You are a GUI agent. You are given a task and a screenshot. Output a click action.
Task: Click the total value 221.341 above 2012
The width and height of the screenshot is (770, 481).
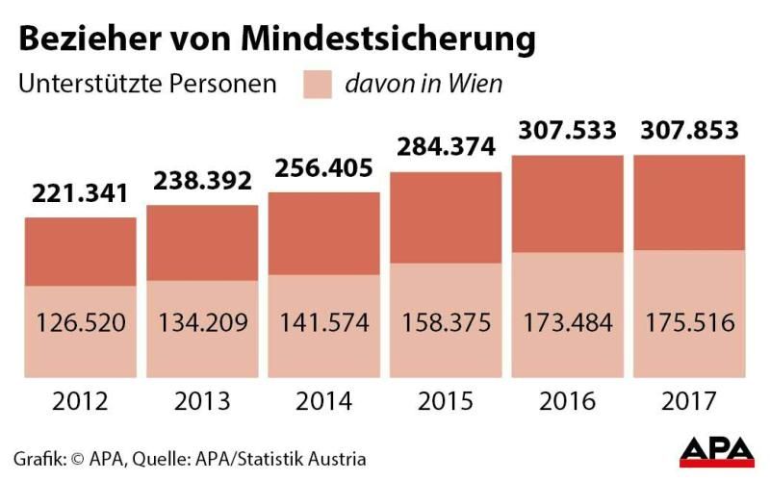pyautogui.click(x=80, y=193)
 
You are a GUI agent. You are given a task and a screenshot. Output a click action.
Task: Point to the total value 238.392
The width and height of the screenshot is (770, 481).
pyautogui.click(x=202, y=180)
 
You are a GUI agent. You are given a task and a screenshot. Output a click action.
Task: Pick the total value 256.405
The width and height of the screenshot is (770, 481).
pyautogui.click(x=323, y=167)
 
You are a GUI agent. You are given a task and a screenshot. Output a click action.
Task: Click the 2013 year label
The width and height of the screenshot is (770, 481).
pyautogui.click(x=202, y=400)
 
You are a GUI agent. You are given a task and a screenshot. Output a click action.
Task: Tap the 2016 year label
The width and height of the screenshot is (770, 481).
pyautogui.click(x=568, y=400)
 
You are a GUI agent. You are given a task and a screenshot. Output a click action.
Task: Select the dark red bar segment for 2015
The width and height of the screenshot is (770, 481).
pyautogui.click(x=446, y=217)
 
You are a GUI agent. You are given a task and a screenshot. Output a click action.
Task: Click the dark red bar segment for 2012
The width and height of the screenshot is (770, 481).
pyautogui.click(x=80, y=251)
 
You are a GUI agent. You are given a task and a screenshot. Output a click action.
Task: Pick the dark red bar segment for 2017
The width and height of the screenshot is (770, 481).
pyautogui.click(x=690, y=202)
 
